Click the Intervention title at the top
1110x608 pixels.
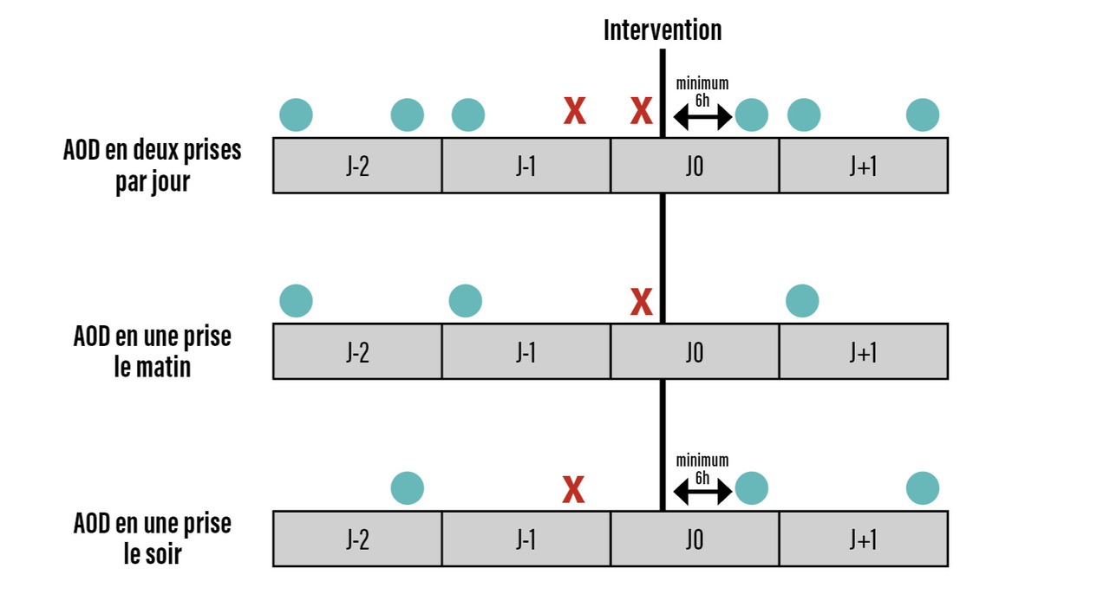point(663,30)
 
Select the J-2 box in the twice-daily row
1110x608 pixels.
point(357,166)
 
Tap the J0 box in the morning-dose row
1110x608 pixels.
point(694,352)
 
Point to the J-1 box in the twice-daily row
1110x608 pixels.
point(526,166)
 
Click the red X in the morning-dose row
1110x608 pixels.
point(641,302)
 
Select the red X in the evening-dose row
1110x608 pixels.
point(573,490)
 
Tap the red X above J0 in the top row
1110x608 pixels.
point(641,112)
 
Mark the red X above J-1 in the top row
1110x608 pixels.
point(574,112)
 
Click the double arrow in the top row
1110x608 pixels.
point(702,118)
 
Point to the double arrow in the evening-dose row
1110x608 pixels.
point(702,493)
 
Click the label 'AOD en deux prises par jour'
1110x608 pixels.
point(153,166)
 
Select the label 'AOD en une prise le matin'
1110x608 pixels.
point(153,351)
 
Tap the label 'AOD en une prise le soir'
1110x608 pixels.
point(153,539)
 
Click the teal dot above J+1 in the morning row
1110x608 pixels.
point(802,301)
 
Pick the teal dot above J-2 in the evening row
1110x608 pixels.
point(408,488)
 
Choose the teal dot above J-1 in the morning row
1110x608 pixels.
point(466,301)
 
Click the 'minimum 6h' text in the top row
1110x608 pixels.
point(702,91)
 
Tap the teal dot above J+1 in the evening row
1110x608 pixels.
point(923,488)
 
